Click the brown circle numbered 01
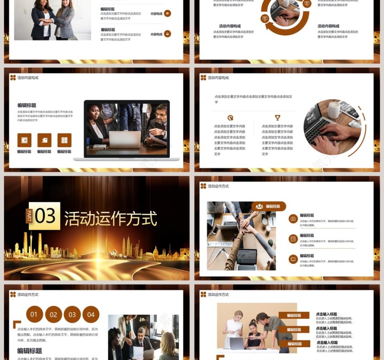coord(35,314)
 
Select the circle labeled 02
coord(53,314)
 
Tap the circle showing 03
coord(72,314)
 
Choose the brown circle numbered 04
coord(91,314)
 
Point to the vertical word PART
coord(29,216)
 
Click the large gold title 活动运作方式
coord(111,219)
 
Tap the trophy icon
coord(277,118)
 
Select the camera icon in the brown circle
coord(293,219)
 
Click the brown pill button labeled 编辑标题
coord(269,206)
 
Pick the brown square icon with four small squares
coord(64,140)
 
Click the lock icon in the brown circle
coord(167,33)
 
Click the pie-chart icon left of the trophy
coord(230,118)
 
